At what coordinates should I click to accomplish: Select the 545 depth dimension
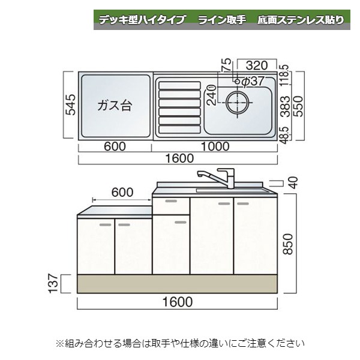tap(70, 106)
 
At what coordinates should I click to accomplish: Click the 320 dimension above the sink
tap(256, 65)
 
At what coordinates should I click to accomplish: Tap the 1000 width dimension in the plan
tap(215, 145)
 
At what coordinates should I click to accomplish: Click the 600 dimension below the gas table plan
tap(115, 145)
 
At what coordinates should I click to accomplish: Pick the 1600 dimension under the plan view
tap(178, 159)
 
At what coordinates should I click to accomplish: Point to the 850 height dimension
tap(289, 244)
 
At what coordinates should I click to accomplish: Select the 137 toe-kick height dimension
tap(53, 283)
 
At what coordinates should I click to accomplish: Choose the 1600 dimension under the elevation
tap(178, 301)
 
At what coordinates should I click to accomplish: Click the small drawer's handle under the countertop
tap(171, 202)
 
